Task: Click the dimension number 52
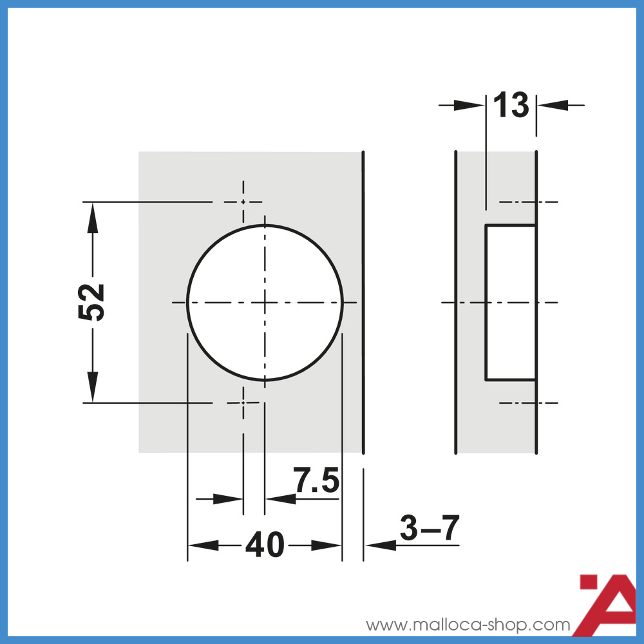91,301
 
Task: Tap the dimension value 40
264,546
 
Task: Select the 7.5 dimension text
316,480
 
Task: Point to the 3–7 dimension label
430,529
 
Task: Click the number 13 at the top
511,105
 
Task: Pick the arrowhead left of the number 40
202,545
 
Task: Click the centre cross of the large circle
264,302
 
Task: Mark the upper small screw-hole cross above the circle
243,202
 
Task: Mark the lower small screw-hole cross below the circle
243,402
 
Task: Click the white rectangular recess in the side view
511,302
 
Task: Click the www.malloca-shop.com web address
468,625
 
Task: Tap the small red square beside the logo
589,582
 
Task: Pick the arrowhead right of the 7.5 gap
279,498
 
